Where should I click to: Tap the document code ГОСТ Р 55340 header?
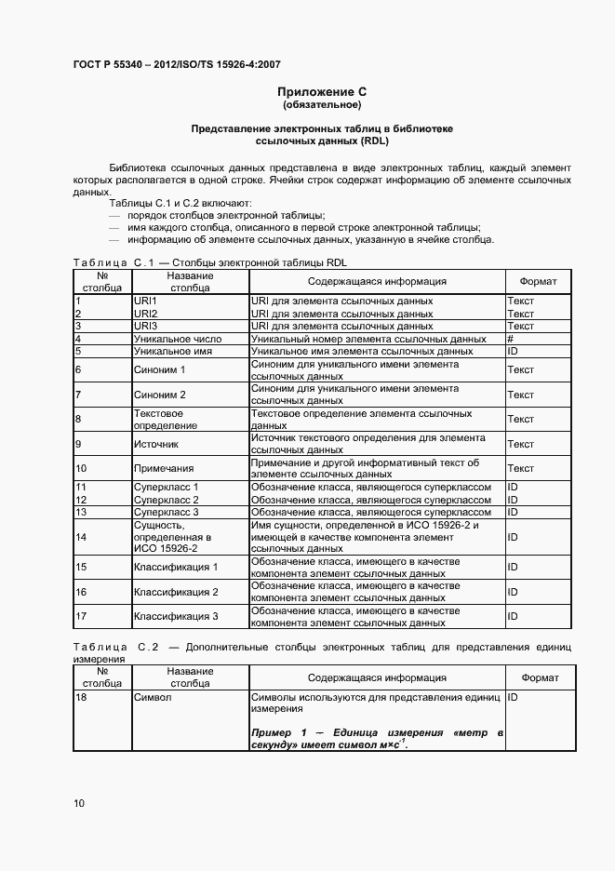pos(176,64)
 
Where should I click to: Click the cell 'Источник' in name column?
pos(156,444)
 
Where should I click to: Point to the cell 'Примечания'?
pos(164,468)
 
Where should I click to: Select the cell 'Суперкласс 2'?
pos(167,500)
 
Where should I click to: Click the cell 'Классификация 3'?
pos(176,616)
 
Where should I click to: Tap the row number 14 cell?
pos(81,537)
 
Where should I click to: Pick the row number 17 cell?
pos(81,616)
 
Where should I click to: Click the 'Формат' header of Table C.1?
pos(539,282)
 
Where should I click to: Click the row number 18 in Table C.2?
pos(81,697)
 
